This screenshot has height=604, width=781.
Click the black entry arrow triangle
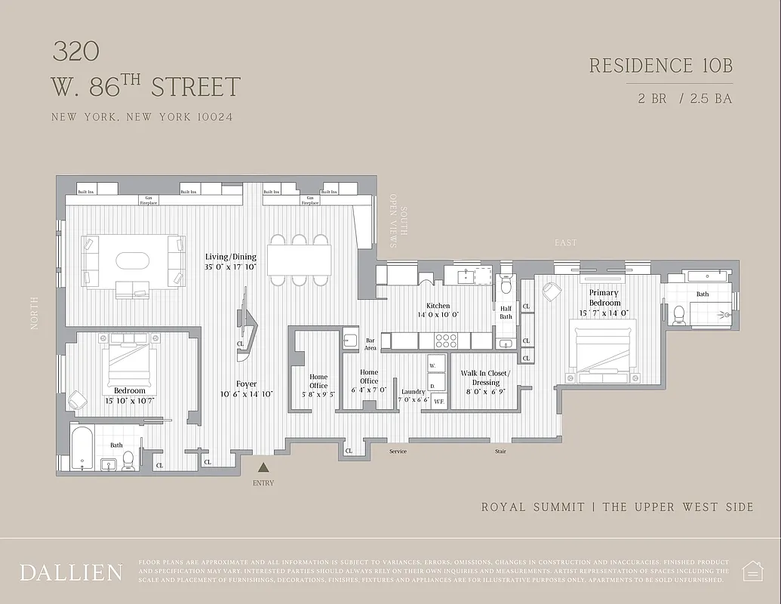click(x=263, y=468)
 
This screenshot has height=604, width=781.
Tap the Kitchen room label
click(x=438, y=306)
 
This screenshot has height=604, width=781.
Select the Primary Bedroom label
click(x=604, y=297)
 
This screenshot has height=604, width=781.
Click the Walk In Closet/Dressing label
click(x=485, y=378)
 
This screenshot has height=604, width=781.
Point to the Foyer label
click(x=246, y=384)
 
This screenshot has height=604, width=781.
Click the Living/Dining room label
click(x=231, y=257)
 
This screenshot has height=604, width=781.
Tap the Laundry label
click(x=414, y=392)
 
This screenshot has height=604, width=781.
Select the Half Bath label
click(x=506, y=312)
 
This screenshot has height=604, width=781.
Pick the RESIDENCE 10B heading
click(x=660, y=66)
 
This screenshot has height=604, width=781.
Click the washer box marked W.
click(x=433, y=365)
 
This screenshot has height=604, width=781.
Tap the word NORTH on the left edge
click(x=33, y=313)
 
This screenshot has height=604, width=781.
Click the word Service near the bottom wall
click(x=398, y=451)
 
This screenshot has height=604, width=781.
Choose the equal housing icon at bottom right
click(x=752, y=571)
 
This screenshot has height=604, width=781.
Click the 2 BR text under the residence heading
click(x=653, y=99)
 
